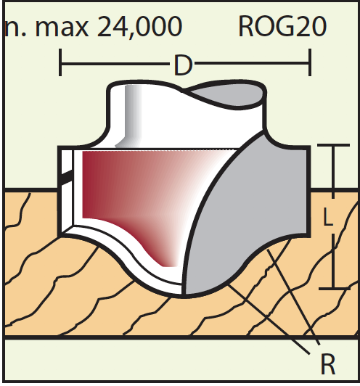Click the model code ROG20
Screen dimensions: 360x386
[x=282, y=26]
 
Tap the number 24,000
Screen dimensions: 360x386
[x=140, y=27]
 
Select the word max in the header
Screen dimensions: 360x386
[x=62, y=29]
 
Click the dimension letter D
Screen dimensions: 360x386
[x=183, y=65]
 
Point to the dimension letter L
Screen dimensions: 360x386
[x=328, y=216]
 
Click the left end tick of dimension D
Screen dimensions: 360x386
[x=60, y=62]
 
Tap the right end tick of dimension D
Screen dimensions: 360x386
[x=310, y=62]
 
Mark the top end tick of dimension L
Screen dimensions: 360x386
[x=333, y=145]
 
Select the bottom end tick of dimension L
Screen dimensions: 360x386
[x=334, y=288]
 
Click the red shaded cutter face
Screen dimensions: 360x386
[x=138, y=192]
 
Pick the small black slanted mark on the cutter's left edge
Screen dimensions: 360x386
[x=66, y=177]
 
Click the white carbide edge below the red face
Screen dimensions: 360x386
[x=128, y=249]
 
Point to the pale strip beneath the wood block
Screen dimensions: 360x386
[x=181, y=360]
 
